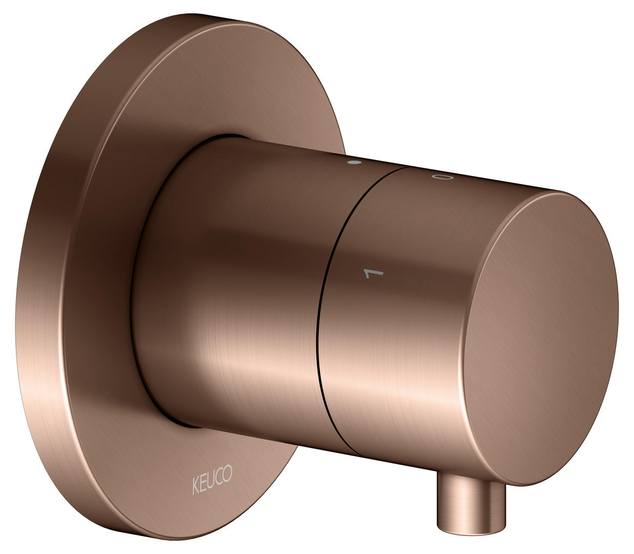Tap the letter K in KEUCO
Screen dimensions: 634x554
tap(196, 486)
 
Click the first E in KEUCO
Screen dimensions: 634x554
tap(204, 484)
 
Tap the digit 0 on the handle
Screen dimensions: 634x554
tap(441, 177)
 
